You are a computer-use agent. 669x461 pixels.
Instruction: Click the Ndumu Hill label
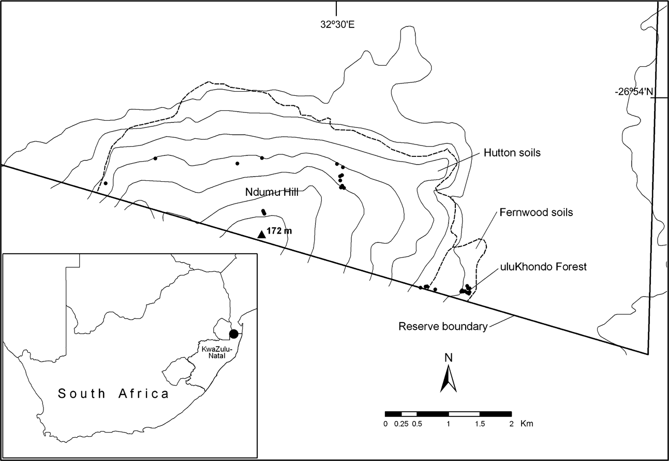click(273, 192)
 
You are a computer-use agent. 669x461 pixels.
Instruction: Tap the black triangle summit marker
click(262, 234)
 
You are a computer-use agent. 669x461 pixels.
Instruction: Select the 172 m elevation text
click(279, 231)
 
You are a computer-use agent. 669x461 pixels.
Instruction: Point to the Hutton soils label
click(512, 153)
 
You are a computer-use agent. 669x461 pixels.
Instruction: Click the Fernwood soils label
click(536, 213)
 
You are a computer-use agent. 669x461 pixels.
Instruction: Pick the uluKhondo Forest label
click(536, 267)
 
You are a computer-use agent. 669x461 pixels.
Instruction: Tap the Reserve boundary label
click(443, 327)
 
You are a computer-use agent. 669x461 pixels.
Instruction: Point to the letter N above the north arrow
click(448, 357)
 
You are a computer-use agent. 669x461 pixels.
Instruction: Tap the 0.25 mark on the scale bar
click(401, 424)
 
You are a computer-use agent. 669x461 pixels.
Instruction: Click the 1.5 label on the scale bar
click(480, 424)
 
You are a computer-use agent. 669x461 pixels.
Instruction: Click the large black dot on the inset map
click(234, 334)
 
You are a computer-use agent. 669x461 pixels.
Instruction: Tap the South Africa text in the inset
click(113, 394)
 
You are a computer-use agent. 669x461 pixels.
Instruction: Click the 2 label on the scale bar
click(511, 424)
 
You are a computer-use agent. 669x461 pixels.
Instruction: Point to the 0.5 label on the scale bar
click(417, 424)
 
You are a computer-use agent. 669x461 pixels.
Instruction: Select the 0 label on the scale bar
click(385, 424)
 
